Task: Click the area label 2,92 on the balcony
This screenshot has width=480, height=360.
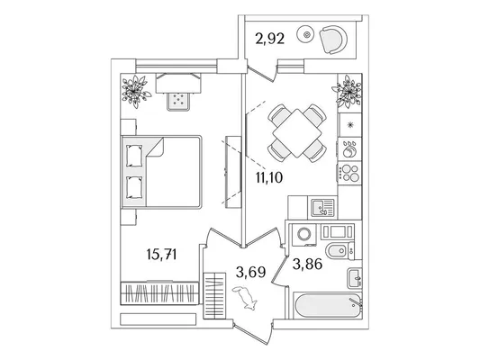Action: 270,39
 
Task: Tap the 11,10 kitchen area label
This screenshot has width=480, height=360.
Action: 269,177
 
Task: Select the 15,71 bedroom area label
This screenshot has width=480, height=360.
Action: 161,254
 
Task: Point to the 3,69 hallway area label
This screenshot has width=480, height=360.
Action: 250,272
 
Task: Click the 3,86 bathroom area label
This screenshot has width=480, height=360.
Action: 307,264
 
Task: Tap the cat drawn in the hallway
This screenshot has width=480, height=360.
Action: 246,298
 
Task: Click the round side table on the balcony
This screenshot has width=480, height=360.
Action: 305,35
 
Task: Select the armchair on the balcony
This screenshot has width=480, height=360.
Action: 333,40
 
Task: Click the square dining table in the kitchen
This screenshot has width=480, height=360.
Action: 297,133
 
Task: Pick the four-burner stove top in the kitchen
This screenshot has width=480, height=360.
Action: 350,173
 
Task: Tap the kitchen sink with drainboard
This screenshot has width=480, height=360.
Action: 323,208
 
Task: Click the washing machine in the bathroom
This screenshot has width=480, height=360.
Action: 304,235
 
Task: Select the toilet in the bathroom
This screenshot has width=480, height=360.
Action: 340,251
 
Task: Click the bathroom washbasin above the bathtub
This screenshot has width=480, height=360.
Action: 355,278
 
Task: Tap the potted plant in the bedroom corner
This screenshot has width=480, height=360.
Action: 135,91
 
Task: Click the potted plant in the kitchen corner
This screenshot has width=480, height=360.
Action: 347,91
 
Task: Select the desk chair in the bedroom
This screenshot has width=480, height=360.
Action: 178,101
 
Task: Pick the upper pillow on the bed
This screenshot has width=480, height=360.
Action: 134,156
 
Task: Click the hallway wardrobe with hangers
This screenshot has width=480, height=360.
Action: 214,296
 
